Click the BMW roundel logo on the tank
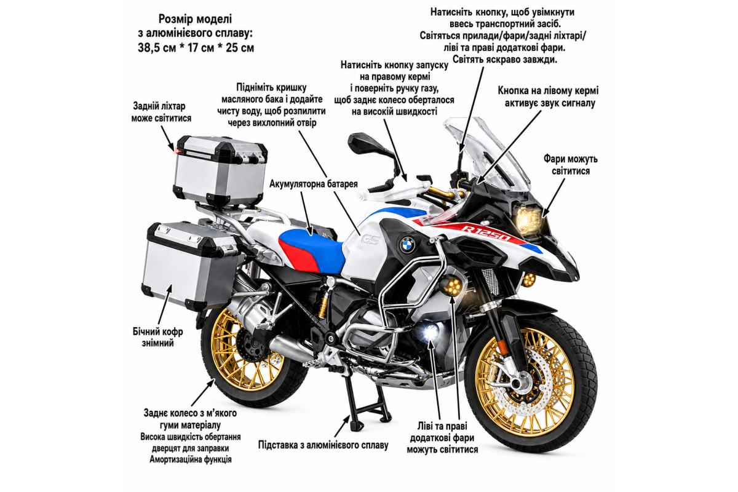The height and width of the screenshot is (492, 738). [408, 245]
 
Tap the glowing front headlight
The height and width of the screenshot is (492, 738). [530, 220]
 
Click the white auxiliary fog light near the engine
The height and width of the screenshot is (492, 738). [430, 332]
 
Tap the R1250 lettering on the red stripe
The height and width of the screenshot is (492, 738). [486, 232]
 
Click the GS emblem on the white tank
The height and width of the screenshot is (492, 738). [370, 239]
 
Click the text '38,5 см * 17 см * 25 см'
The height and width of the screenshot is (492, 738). [196, 48]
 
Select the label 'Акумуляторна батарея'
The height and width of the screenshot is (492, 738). [313, 184]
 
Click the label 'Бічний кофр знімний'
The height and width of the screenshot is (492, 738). [158, 337]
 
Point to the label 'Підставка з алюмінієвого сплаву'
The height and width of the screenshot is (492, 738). [323, 445]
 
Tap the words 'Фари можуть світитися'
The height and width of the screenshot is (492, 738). [571, 165]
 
